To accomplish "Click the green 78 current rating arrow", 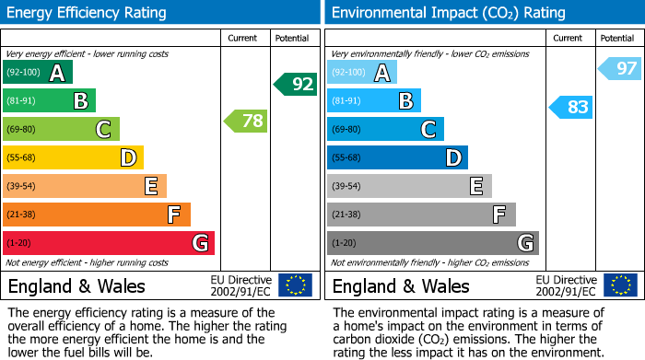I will [x=246, y=121].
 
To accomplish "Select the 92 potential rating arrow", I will [x=296, y=85].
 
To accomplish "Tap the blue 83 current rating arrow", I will [x=570, y=107].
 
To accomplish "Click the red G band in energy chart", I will [x=109, y=243].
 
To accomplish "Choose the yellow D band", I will [x=73, y=157].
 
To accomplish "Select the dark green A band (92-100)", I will [x=38, y=73].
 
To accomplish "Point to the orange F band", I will [x=97, y=215].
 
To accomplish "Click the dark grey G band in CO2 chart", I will [x=432, y=243].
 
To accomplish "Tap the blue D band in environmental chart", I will [x=397, y=157].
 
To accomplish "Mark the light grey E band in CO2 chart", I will [x=409, y=186].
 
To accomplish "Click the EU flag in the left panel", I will [x=295, y=285].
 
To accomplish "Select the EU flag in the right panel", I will [x=619, y=285].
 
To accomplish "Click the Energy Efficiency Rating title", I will [x=88, y=13].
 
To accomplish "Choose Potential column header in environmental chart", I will [x=616, y=38].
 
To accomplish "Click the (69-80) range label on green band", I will [x=22, y=129].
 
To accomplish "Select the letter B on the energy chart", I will [x=81, y=100].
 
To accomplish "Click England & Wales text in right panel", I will [x=401, y=285].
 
